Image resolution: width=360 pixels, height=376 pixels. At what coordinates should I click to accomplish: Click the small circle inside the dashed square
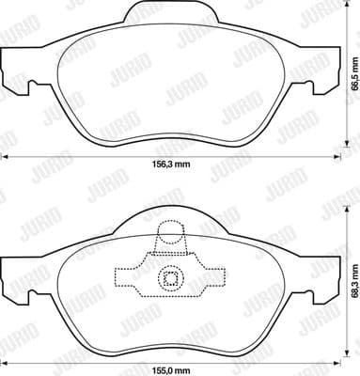coord(170,277)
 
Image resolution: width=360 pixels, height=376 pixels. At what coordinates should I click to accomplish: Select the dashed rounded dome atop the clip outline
coord(170,233)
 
